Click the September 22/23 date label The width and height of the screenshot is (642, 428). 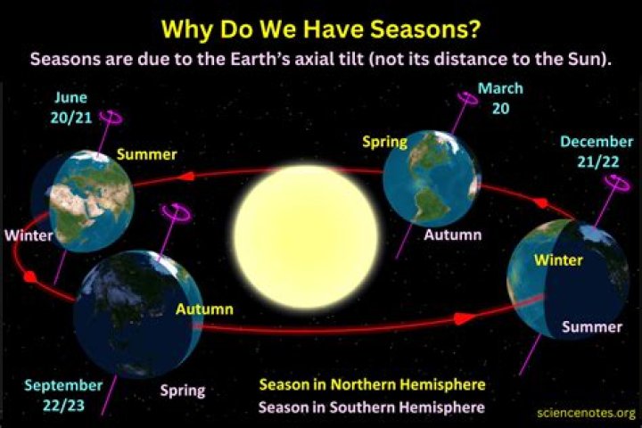click(x=63, y=394)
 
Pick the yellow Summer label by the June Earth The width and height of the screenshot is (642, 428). click(x=146, y=154)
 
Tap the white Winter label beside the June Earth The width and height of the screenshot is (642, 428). click(x=28, y=236)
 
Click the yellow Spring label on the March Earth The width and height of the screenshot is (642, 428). click(x=384, y=142)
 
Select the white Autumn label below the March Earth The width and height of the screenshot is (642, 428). click(x=452, y=235)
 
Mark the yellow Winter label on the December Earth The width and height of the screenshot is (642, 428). click(x=557, y=259)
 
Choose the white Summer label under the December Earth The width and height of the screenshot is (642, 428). click(x=591, y=326)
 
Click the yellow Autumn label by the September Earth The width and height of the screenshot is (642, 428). click(x=204, y=309)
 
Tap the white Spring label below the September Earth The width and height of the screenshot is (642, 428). click(x=182, y=390)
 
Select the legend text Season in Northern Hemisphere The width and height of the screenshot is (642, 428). click(x=372, y=385)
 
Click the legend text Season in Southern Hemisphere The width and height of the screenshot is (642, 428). click(x=372, y=407)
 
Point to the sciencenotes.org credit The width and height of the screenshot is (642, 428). click(x=587, y=413)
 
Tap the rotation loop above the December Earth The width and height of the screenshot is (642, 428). click(x=615, y=180)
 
